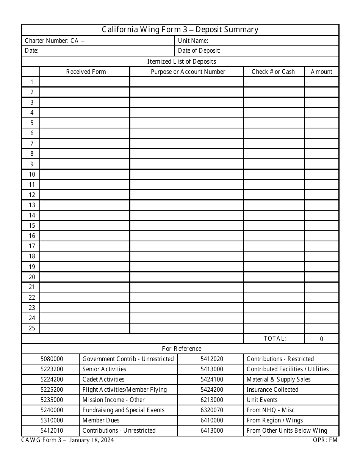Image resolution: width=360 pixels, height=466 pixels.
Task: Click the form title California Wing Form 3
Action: click(x=180, y=30)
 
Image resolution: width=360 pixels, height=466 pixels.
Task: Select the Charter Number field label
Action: click(x=52, y=41)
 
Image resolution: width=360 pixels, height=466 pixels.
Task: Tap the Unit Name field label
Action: click(x=193, y=41)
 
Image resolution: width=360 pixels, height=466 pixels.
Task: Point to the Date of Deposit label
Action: click(x=199, y=51)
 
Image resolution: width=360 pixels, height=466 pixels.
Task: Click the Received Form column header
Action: click(x=86, y=72)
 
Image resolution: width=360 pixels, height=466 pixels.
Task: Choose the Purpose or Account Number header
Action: click(x=188, y=72)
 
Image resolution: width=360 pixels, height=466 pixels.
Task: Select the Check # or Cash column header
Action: click(x=273, y=72)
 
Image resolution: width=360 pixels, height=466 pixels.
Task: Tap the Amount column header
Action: click(x=321, y=72)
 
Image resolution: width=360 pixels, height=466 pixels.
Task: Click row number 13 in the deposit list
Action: click(x=32, y=205)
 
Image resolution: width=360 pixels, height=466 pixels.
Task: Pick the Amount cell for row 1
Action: click(x=321, y=82)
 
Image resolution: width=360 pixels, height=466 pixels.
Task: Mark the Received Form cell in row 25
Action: click(x=85, y=328)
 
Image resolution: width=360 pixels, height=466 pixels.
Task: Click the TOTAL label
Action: click(x=275, y=338)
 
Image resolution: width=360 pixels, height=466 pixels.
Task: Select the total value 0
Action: click(x=321, y=339)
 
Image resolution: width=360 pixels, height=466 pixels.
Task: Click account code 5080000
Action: click(x=52, y=359)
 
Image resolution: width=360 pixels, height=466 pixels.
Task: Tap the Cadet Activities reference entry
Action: click(x=103, y=379)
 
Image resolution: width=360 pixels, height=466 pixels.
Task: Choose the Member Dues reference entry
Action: click(x=101, y=420)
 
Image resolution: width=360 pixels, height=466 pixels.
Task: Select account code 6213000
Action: click(x=212, y=400)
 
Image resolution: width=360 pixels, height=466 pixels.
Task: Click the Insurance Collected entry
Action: click(x=272, y=389)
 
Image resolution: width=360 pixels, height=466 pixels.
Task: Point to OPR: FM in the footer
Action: click(x=325, y=440)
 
